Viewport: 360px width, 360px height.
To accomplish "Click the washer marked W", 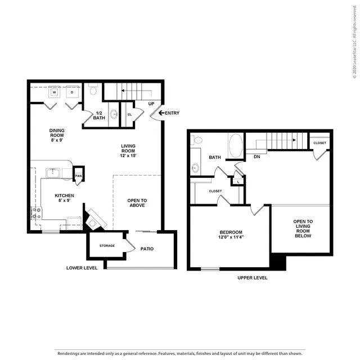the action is coord(55,92).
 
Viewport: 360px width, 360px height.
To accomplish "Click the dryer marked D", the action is coord(72,92).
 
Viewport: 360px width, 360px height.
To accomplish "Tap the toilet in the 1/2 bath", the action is coord(93,89).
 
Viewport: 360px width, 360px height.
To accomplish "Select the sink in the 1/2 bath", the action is coord(114,114).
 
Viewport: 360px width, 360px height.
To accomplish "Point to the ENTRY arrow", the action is coord(161,112).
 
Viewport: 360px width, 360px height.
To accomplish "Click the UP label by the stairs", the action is coord(151,103).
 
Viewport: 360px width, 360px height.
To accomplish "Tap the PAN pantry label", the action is coord(78,176).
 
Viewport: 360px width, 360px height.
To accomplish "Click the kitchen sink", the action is coord(53,173).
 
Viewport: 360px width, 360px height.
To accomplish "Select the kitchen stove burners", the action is coord(37,213).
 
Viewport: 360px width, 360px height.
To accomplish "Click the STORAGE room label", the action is coord(107,246).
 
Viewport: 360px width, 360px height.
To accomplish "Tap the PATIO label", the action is coord(147,249).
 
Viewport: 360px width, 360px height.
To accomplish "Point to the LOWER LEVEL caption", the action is coord(82,268).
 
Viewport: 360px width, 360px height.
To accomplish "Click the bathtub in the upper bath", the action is coord(236,146).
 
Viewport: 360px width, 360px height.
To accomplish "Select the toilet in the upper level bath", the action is coord(196,140).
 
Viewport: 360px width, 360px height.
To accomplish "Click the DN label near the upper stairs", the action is coord(257,156).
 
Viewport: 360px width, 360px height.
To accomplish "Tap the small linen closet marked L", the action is coord(238,182).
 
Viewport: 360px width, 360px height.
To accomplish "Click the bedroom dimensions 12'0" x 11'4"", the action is coord(231,237).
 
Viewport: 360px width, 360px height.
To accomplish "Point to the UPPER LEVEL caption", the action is coord(253,277).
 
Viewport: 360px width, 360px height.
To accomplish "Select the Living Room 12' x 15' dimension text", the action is coord(128,156).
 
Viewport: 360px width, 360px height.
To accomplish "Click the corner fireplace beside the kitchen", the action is coord(94,220).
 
